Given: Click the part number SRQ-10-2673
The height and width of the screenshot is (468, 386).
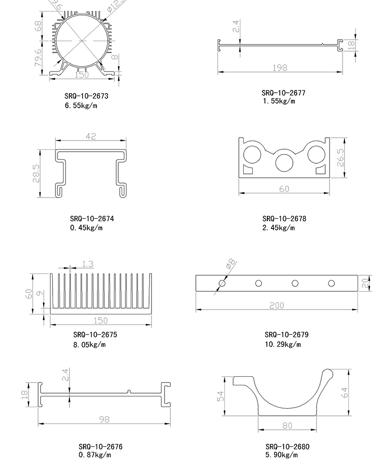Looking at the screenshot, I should coord(86,96).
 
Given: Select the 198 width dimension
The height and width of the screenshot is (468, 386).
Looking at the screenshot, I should coord(280,68).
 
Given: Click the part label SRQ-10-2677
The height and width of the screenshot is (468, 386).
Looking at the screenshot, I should coord(284,93).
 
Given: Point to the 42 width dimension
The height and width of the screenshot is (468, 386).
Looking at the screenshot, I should coord(91,137).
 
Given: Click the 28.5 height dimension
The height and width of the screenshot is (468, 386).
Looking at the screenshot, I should coord(36,173).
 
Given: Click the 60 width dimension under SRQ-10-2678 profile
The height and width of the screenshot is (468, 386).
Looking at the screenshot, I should coord(284,189).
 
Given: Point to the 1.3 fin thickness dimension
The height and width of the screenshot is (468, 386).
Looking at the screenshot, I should coord(88,264).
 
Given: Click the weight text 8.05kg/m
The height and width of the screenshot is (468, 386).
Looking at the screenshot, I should coord(89,344).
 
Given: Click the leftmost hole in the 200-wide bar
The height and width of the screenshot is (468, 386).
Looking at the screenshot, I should coord(222,283).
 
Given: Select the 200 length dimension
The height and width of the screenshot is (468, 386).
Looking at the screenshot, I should coord(277,305).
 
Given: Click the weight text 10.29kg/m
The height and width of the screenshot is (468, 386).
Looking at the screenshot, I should coord(283,344).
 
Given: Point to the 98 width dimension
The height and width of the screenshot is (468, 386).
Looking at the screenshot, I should coord(105,420).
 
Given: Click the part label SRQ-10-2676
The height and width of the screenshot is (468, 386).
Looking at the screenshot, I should coord(100,447).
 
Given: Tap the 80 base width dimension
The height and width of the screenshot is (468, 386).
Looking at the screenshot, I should coord(288,425).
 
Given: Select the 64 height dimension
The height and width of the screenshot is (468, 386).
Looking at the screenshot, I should coord(345,392).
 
